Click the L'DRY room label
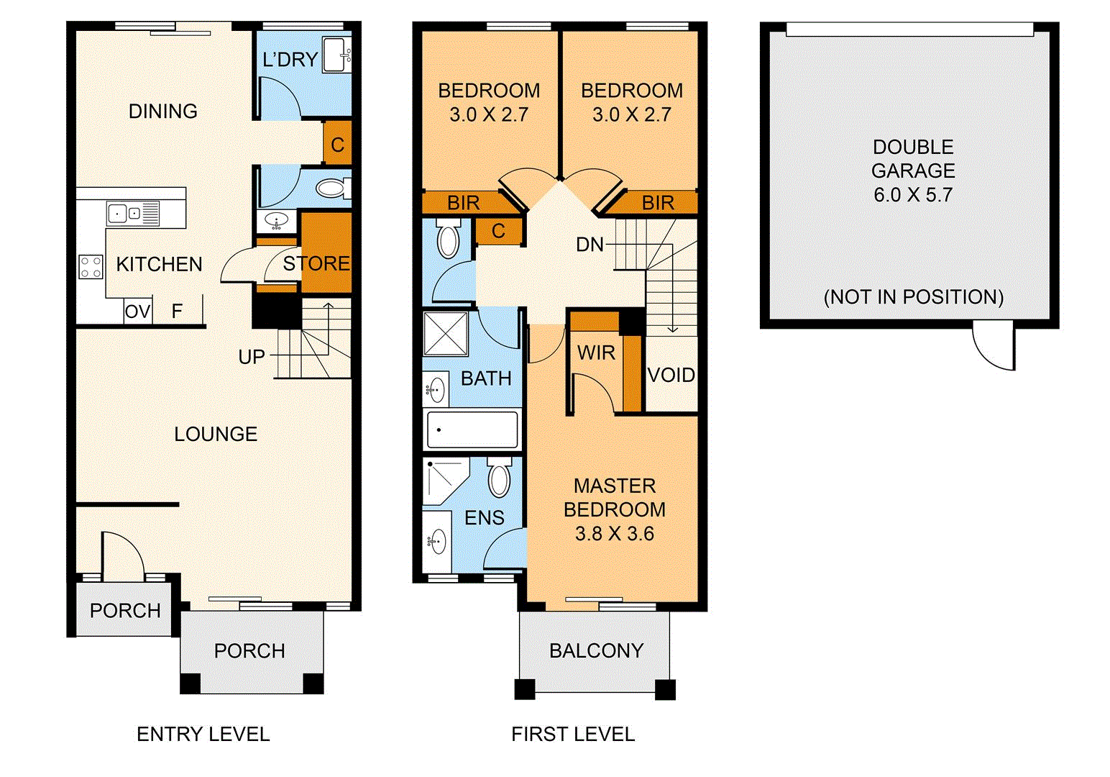point(290,60)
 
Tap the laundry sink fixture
point(336,55)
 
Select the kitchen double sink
point(132,214)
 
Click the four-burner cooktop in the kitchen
point(91,267)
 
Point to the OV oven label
point(137,312)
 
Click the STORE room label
point(316,264)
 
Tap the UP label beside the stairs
point(252,357)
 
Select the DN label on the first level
point(590,245)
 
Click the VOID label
point(671,375)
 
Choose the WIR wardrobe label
point(596,353)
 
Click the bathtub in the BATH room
point(472,430)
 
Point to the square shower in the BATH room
point(446,333)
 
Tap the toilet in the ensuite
point(499,478)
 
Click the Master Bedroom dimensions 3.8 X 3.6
point(614,534)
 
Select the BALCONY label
point(596,650)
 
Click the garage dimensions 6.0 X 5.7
point(913,195)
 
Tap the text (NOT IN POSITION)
point(913,296)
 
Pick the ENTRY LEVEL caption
point(203,734)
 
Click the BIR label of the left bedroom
point(463,203)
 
